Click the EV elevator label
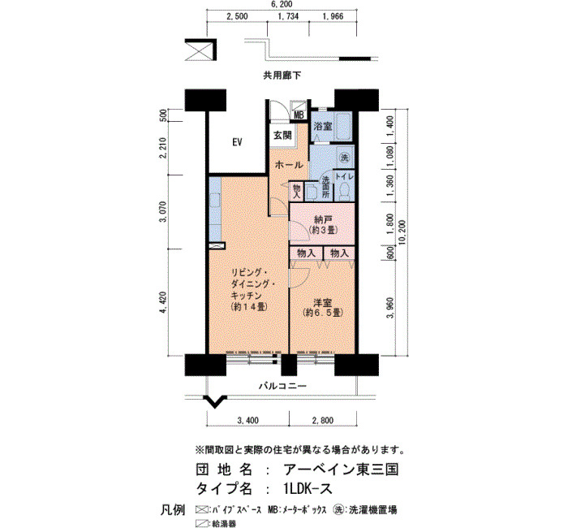click(237, 142)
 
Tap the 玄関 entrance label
click(282, 136)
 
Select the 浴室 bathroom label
click(323, 127)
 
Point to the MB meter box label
click(299, 115)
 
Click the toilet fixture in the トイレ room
click(343, 190)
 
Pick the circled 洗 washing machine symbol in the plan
click(345, 158)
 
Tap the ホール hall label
click(289, 165)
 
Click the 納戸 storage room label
click(324, 220)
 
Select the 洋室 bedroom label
click(323, 302)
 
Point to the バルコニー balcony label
click(282, 386)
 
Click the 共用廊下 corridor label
click(282, 76)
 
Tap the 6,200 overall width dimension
click(282, 4)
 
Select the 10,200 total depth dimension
click(402, 232)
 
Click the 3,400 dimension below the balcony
click(247, 420)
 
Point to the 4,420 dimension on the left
click(164, 301)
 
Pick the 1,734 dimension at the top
click(288, 16)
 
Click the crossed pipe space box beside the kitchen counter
click(217, 245)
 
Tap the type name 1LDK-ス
click(308, 489)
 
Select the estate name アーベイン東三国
click(342, 470)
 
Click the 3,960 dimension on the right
click(389, 308)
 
